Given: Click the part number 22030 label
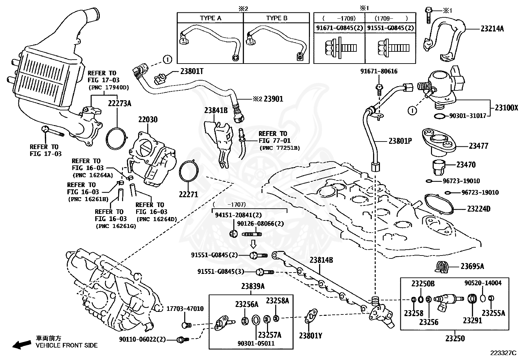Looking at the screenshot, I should click(148, 120).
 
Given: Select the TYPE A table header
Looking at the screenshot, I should click(210, 18).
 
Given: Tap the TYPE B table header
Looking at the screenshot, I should click(277, 18).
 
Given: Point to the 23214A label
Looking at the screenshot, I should click(492, 29).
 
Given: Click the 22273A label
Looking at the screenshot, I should click(119, 104).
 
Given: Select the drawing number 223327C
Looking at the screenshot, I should click(503, 353).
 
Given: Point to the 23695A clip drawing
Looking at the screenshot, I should click(444, 267).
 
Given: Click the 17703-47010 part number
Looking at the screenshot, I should click(185, 309).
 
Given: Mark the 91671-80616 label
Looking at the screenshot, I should click(379, 71).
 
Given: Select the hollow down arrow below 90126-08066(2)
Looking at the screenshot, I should click(253, 244).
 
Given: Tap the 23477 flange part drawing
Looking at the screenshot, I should click(439, 141).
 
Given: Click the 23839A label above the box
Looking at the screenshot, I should click(253, 286).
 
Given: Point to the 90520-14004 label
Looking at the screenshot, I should click(483, 283).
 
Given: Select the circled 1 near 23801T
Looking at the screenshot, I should click(167, 60).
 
